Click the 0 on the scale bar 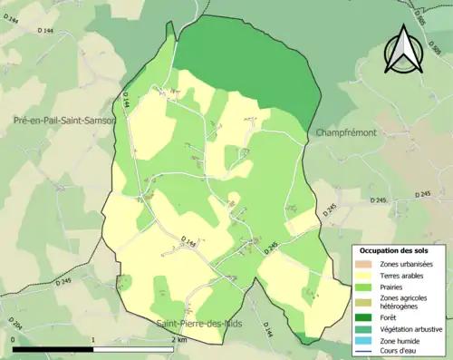coord(14,339)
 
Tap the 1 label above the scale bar coord(94,339)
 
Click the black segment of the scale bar coord(53,349)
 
